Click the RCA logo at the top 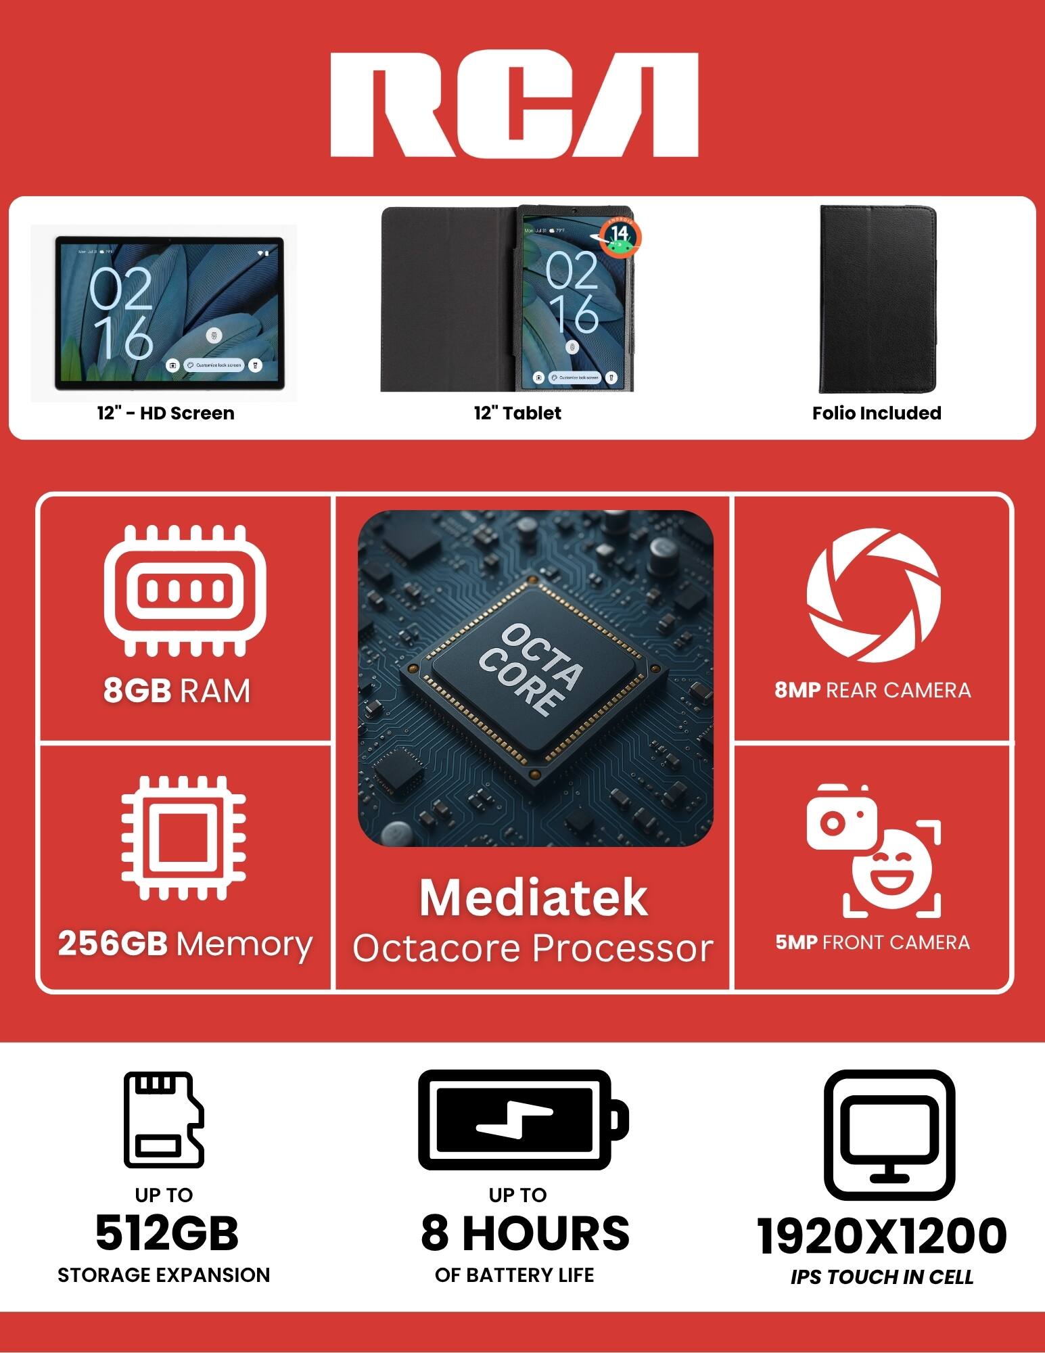[x=514, y=105]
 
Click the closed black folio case [x=877, y=299]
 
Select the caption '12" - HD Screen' [x=166, y=413]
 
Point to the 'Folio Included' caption [x=877, y=413]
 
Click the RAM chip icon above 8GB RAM [x=185, y=591]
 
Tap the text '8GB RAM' [x=177, y=691]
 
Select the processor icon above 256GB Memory [x=183, y=838]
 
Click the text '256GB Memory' [x=185, y=944]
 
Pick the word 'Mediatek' [x=533, y=898]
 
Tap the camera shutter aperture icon [x=873, y=595]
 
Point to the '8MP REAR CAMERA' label [x=873, y=690]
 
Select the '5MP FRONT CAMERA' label [x=873, y=942]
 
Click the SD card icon [x=164, y=1119]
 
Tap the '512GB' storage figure [x=166, y=1233]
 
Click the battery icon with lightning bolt [x=523, y=1120]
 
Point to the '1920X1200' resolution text [x=881, y=1235]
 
